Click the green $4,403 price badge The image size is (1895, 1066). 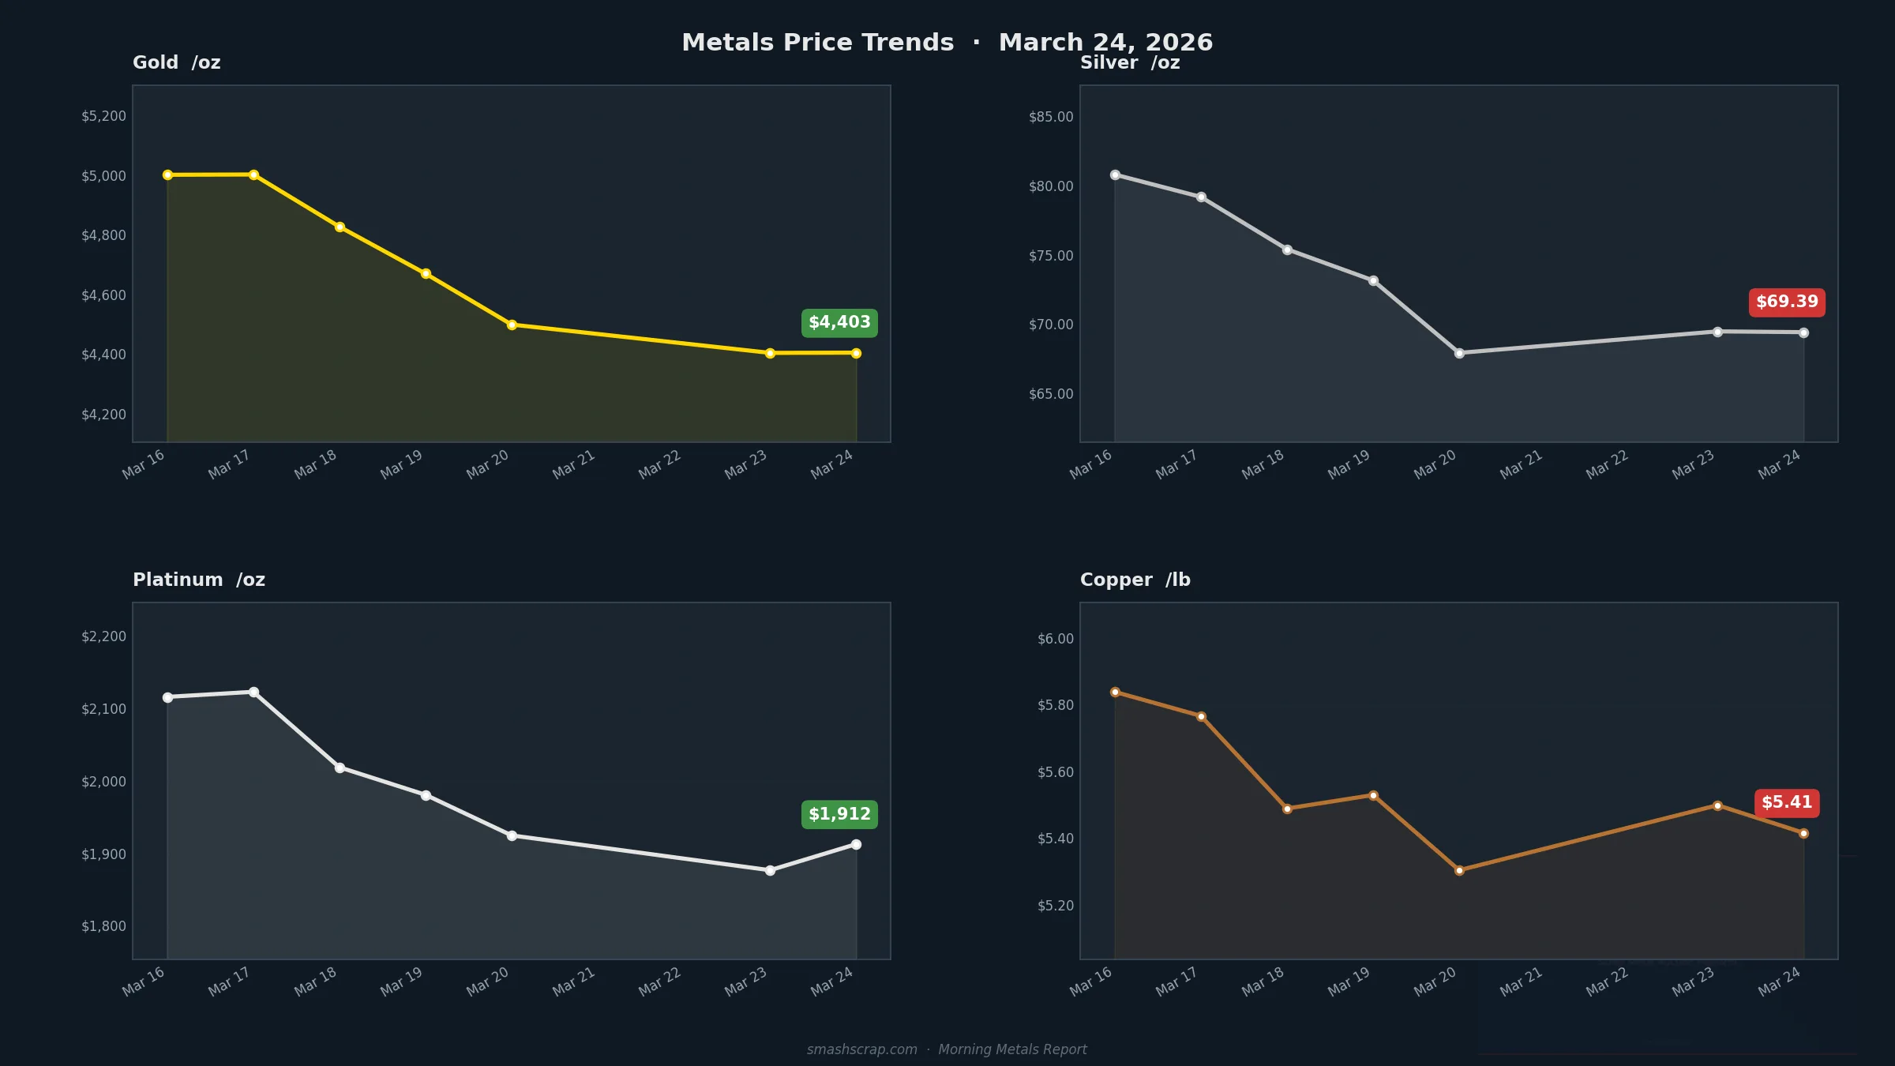tap(839, 323)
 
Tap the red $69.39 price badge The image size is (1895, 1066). tap(1787, 302)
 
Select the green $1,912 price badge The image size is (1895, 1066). tap(839, 814)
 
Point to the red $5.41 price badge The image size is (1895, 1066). tap(1787, 803)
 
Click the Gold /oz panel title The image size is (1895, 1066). tap(176, 63)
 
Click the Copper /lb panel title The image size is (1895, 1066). tap(1135, 580)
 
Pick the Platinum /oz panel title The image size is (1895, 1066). tap(198, 580)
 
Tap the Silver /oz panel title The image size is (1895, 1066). tap(1129, 63)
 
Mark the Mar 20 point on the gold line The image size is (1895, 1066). tap(512, 325)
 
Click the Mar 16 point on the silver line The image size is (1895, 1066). tap(1115, 175)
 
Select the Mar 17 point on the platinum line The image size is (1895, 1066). tap(253, 693)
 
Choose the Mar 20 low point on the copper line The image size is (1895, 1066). tap(1459, 871)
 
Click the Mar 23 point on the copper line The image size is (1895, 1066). tap(1717, 805)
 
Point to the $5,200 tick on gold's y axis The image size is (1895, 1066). tap(103, 116)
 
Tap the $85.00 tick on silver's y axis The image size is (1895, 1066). tap(1051, 117)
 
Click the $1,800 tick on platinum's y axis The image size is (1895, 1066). tap(103, 926)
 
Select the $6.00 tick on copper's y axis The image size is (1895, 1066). tap(1055, 639)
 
